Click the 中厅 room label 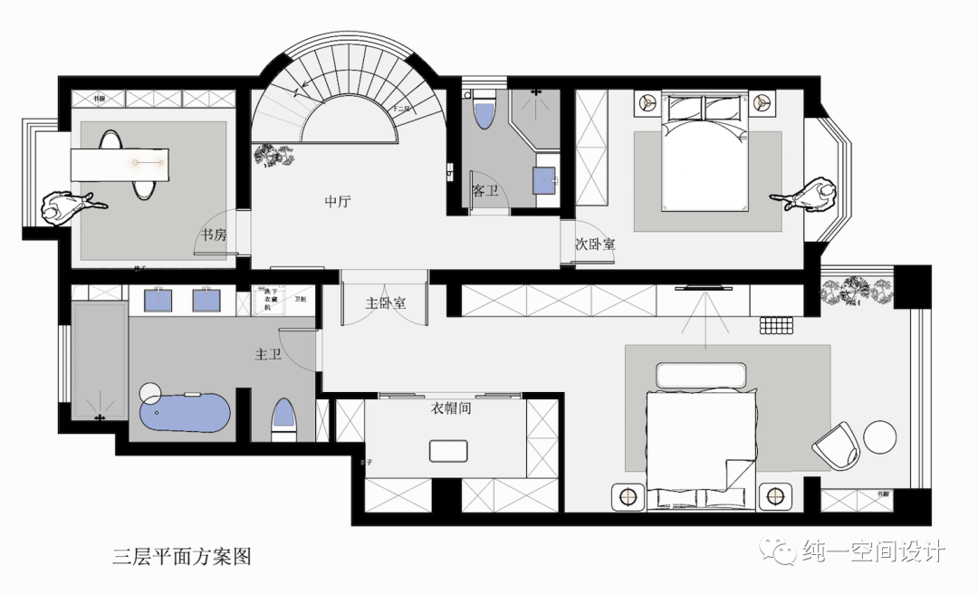[338, 202]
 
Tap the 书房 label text [214, 235]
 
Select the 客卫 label [485, 191]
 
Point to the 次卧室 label [595, 244]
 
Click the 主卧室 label [386, 302]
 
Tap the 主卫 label [268, 355]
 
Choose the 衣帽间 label [451, 408]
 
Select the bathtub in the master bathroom [185, 413]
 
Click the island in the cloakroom [449, 451]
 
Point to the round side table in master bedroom [879, 436]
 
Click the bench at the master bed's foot [703, 376]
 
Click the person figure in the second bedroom [808, 196]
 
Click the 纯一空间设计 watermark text [874, 551]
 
